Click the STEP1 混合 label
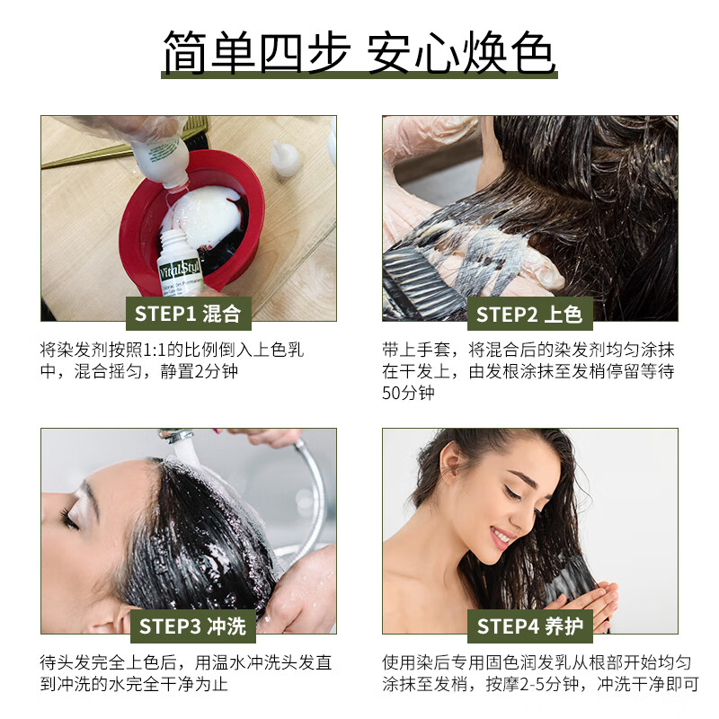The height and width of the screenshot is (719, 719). coord(188,314)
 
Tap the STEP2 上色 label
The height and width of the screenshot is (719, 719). coord(529,314)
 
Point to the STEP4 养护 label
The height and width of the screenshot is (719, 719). coord(529,626)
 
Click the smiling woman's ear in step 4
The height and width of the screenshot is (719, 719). coord(450,467)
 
